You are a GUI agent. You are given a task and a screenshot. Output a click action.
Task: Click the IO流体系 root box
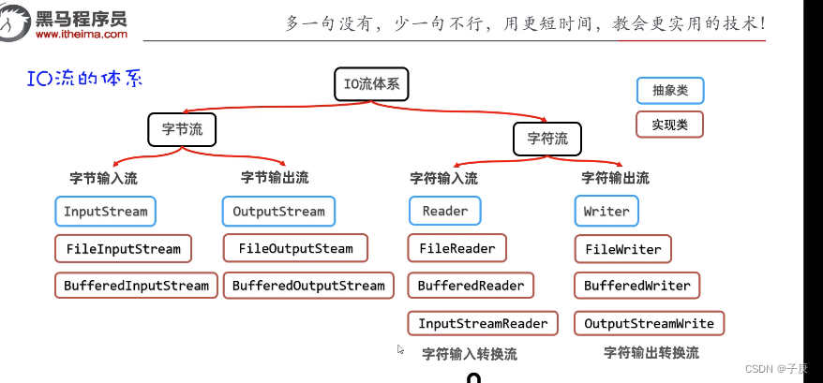(x=372, y=84)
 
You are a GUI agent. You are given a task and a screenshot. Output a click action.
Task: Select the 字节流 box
(x=182, y=129)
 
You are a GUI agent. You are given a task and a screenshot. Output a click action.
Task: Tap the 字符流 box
(x=546, y=139)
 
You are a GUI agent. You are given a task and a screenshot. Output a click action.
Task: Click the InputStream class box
(x=105, y=211)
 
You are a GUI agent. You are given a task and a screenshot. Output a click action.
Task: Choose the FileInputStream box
(x=123, y=248)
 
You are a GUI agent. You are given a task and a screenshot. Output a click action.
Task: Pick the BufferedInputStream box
(x=136, y=286)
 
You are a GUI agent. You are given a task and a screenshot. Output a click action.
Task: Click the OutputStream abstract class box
(x=278, y=211)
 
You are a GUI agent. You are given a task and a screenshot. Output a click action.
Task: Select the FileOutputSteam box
(x=295, y=248)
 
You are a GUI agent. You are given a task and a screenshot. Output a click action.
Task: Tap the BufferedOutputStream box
(x=308, y=286)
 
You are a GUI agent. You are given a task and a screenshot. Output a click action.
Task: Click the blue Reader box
(x=444, y=211)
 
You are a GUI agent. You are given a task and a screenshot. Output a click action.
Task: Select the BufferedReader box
(x=471, y=286)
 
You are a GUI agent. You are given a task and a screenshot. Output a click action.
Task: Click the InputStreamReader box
(x=483, y=323)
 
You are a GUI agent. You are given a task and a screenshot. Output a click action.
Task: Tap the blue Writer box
(x=606, y=211)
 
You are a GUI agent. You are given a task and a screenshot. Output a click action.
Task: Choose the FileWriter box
(x=622, y=249)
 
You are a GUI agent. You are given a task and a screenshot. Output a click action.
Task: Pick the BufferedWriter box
(x=636, y=286)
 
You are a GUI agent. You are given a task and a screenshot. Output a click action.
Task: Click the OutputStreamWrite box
(x=649, y=323)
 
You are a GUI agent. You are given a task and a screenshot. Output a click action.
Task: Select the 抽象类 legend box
(x=669, y=90)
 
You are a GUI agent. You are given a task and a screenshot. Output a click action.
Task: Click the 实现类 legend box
(x=669, y=124)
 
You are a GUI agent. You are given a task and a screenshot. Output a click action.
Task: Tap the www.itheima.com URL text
(x=81, y=35)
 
